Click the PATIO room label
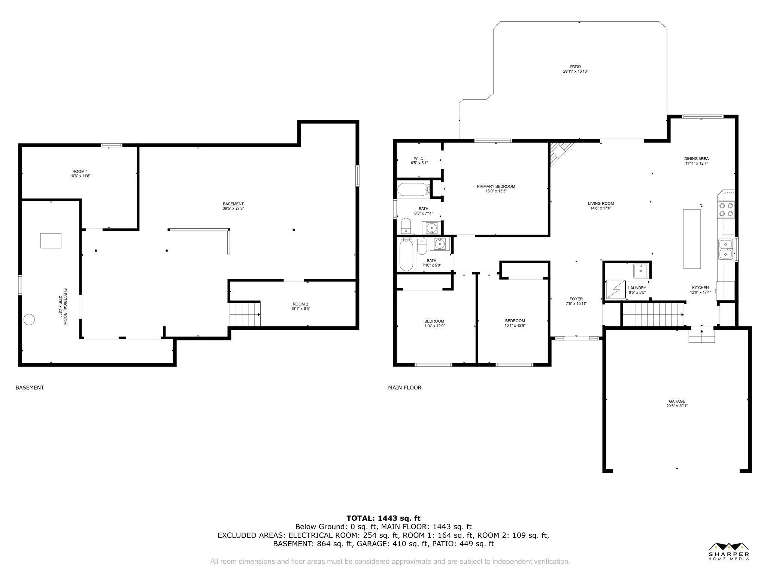pos(575,67)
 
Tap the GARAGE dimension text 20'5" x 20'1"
pos(677,406)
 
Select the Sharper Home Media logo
pos(729,551)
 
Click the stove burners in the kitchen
pos(725,210)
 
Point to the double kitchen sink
pos(725,249)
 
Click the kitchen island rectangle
pos(692,239)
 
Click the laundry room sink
pos(641,270)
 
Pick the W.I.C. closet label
pos(419,158)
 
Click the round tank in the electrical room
pos(29,319)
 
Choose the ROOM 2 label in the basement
pos(300,304)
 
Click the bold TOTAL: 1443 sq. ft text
pos(383,518)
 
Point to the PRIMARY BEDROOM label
pos(496,186)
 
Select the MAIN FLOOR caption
pos(404,387)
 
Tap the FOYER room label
pos(576,299)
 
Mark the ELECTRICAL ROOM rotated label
pos(65,306)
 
